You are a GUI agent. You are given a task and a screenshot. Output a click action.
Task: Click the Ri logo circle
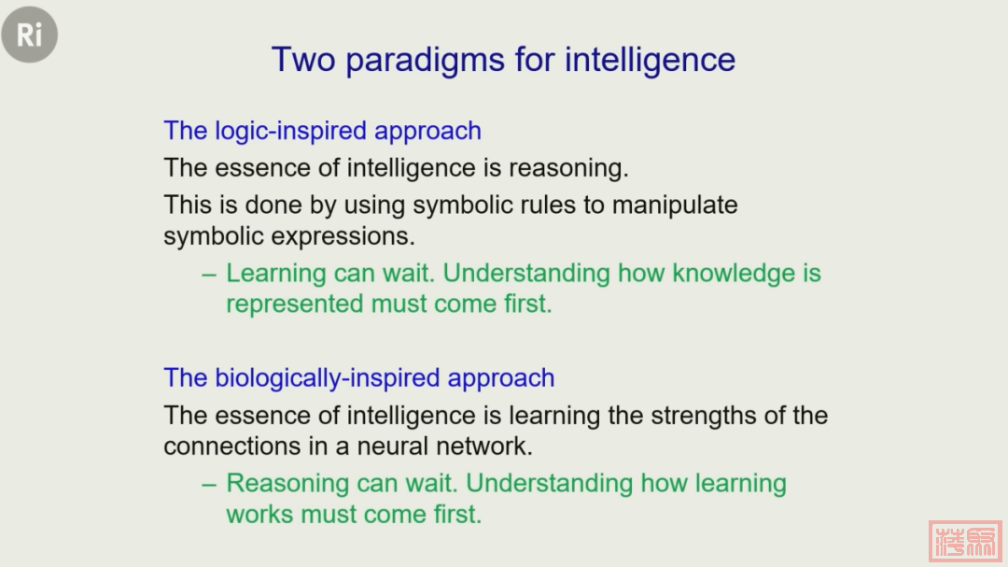pos(30,35)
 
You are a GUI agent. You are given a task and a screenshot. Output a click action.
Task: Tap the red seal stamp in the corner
pos(966,541)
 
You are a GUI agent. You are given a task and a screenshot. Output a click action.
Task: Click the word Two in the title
pos(303,59)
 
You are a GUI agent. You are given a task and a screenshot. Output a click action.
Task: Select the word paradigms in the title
pos(425,61)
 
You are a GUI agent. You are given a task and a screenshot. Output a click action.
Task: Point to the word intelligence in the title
pos(650,61)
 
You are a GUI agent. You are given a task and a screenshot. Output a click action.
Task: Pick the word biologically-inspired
pos(328,378)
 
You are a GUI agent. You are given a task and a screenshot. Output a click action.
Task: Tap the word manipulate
pos(675,206)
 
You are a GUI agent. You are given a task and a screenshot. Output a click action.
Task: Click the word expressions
pos(343,237)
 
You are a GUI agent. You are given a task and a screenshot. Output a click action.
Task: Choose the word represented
pos(295,305)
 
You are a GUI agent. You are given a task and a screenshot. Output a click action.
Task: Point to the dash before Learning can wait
pos(209,275)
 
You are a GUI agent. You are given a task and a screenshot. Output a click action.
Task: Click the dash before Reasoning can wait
pos(209,485)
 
